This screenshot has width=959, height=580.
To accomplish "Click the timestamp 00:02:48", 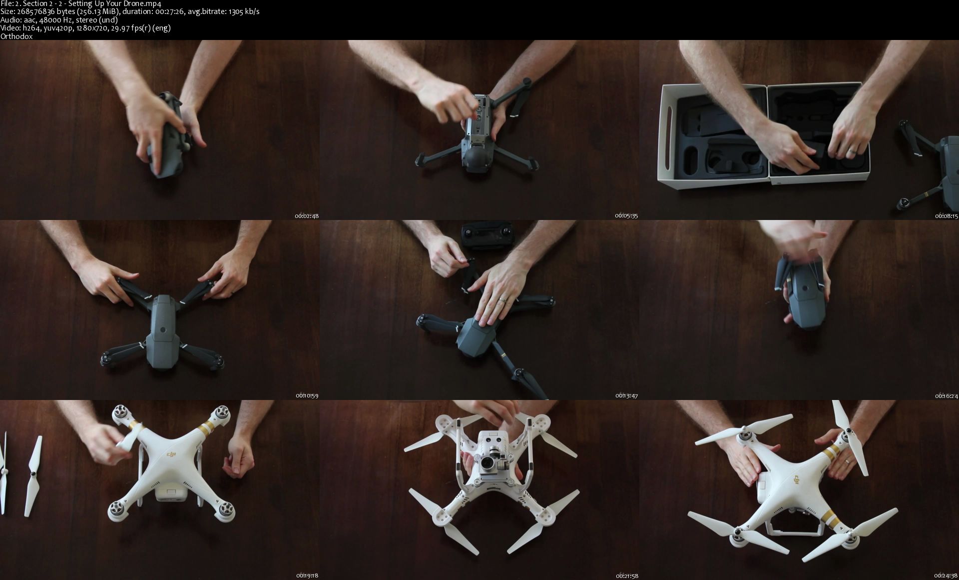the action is click(x=307, y=216).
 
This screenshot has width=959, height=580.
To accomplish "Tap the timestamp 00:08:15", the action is click(x=947, y=216).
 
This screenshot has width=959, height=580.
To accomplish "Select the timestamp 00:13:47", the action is click(x=626, y=395).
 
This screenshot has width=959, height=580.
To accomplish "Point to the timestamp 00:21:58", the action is click(x=626, y=575).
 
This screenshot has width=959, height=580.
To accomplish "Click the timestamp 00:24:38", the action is click(x=947, y=575).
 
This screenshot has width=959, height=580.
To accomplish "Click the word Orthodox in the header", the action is click(x=16, y=36).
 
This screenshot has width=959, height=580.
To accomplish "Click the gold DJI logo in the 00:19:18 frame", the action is click(x=171, y=453).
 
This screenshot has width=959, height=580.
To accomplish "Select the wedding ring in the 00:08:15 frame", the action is click(x=855, y=150).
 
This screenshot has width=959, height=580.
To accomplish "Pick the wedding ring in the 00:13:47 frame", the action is click(x=502, y=299).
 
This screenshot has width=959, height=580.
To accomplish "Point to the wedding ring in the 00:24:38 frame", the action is click(x=848, y=462).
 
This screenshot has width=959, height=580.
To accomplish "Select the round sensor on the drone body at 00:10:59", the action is click(x=162, y=330).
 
